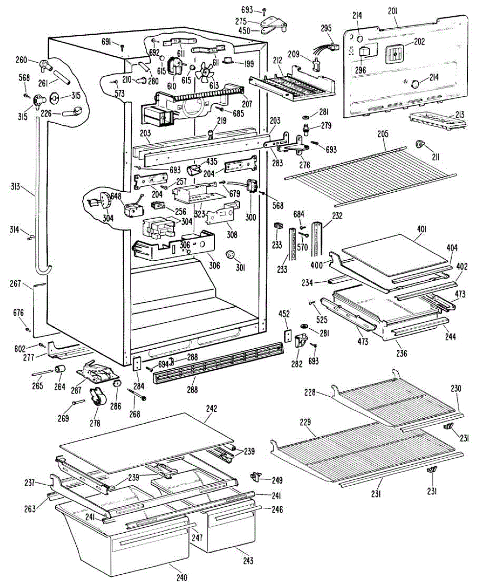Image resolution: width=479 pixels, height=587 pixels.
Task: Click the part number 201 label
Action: tap(392, 11)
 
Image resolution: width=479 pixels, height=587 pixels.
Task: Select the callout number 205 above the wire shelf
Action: tap(383, 134)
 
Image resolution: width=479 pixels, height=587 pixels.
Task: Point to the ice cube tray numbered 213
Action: tap(437, 120)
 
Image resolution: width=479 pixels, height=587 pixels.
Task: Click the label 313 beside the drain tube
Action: tap(16, 186)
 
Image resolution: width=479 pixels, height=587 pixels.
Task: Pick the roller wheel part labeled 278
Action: tap(98, 397)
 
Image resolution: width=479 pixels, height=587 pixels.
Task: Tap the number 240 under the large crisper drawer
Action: tap(182, 578)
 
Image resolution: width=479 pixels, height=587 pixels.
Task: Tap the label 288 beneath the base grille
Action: tap(192, 389)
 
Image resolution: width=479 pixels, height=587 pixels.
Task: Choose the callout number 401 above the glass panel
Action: tap(422, 229)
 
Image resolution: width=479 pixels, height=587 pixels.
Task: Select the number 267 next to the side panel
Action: tap(16, 283)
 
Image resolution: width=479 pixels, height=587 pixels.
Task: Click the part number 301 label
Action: tap(240, 268)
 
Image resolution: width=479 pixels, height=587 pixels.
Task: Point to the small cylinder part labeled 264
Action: tap(60, 369)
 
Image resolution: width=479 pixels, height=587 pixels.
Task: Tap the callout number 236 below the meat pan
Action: tap(402, 353)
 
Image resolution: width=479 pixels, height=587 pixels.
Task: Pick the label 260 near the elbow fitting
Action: tap(22, 60)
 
